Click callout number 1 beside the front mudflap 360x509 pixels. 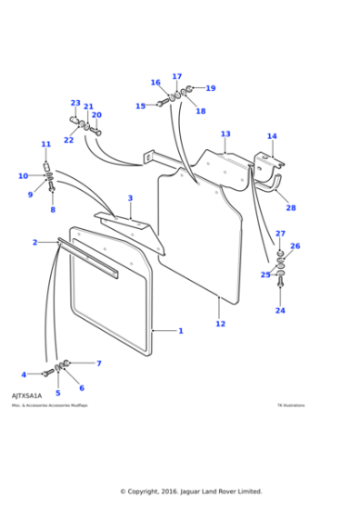180,331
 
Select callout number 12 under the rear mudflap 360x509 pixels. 220,324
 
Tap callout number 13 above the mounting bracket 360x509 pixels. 225,135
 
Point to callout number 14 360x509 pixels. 272,137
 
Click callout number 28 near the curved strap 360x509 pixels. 291,208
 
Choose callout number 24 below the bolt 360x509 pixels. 280,311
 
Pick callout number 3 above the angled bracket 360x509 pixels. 130,198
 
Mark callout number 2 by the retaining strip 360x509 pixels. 35,243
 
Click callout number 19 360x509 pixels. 211,88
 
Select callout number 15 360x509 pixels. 140,106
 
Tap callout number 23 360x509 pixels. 75,103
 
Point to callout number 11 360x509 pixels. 45,144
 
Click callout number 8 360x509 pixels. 52,210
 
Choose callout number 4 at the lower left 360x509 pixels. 24,374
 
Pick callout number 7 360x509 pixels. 98,364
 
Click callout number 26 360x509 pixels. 295,246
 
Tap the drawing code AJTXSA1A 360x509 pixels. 26,396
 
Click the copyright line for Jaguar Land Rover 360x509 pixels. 191,492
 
